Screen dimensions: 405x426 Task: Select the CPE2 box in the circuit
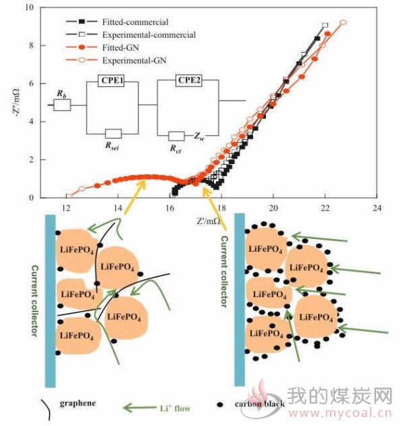[189, 80]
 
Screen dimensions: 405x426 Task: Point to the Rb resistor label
[61, 94]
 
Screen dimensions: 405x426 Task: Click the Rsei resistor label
[112, 147]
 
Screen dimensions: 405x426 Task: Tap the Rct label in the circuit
[175, 149]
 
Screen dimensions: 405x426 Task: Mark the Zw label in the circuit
[199, 136]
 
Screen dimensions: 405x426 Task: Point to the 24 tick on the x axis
[377, 208]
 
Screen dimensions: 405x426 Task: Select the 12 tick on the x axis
[66, 208]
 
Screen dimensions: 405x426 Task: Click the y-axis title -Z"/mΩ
[16, 103]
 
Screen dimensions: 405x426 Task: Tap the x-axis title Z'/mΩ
[209, 221]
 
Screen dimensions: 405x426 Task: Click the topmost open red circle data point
[344, 22]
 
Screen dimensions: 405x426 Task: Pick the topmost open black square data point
[325, 25]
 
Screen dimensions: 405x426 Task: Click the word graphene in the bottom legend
[78, 403]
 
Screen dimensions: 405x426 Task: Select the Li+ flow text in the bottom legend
[175, 408]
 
